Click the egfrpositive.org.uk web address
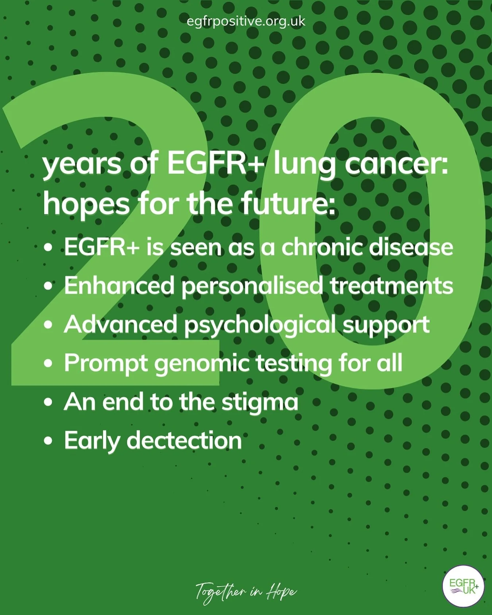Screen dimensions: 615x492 (x=245, y=22)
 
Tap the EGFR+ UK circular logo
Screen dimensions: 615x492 (x=463, y=586)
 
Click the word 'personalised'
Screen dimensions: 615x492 (x=252, y=286)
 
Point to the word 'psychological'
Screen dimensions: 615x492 (x=260, y=325)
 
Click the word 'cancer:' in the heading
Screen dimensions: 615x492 (x=396, y=164)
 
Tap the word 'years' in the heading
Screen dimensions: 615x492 (x=82, y=164)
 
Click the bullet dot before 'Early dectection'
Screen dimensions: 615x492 (x=48, y=441)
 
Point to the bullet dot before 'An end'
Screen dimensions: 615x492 (x=48, y=402)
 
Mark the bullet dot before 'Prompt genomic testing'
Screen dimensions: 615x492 (x=48, y=364)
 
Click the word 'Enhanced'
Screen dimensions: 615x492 (x=119, y=285)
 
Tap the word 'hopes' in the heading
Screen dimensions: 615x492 (x=86, y=204)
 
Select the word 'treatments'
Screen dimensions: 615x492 (x=392, y=285)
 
